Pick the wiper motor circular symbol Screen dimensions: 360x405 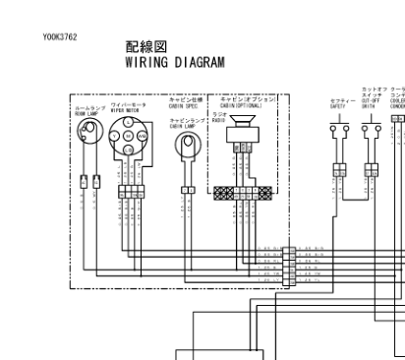[130, 136]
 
